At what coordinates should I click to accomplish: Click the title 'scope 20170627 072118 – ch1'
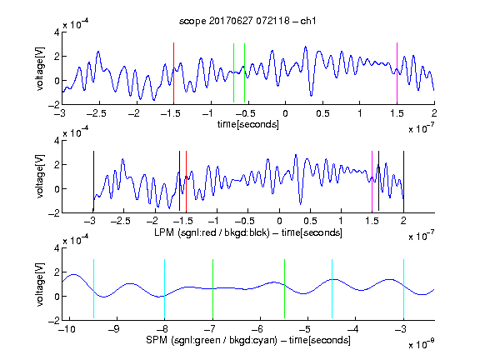247,21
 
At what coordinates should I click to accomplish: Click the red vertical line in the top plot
173,72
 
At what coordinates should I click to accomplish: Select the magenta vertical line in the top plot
397,72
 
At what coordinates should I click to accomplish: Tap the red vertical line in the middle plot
186,181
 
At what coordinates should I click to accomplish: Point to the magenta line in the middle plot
372,181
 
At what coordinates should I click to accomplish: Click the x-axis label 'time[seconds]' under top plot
248,124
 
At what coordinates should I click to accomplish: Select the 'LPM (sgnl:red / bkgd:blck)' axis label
212,232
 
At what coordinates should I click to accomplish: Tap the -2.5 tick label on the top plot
96,113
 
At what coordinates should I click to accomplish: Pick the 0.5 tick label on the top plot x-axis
322,113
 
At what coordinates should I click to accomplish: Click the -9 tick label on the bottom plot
114,329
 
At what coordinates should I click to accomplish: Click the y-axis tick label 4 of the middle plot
57,141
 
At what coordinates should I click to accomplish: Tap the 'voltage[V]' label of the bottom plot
40,284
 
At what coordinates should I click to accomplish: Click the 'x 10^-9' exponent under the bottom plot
422,344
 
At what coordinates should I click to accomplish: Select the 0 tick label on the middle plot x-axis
279,221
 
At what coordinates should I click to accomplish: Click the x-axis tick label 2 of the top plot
434,113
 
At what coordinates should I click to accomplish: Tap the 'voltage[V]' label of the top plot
40,68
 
